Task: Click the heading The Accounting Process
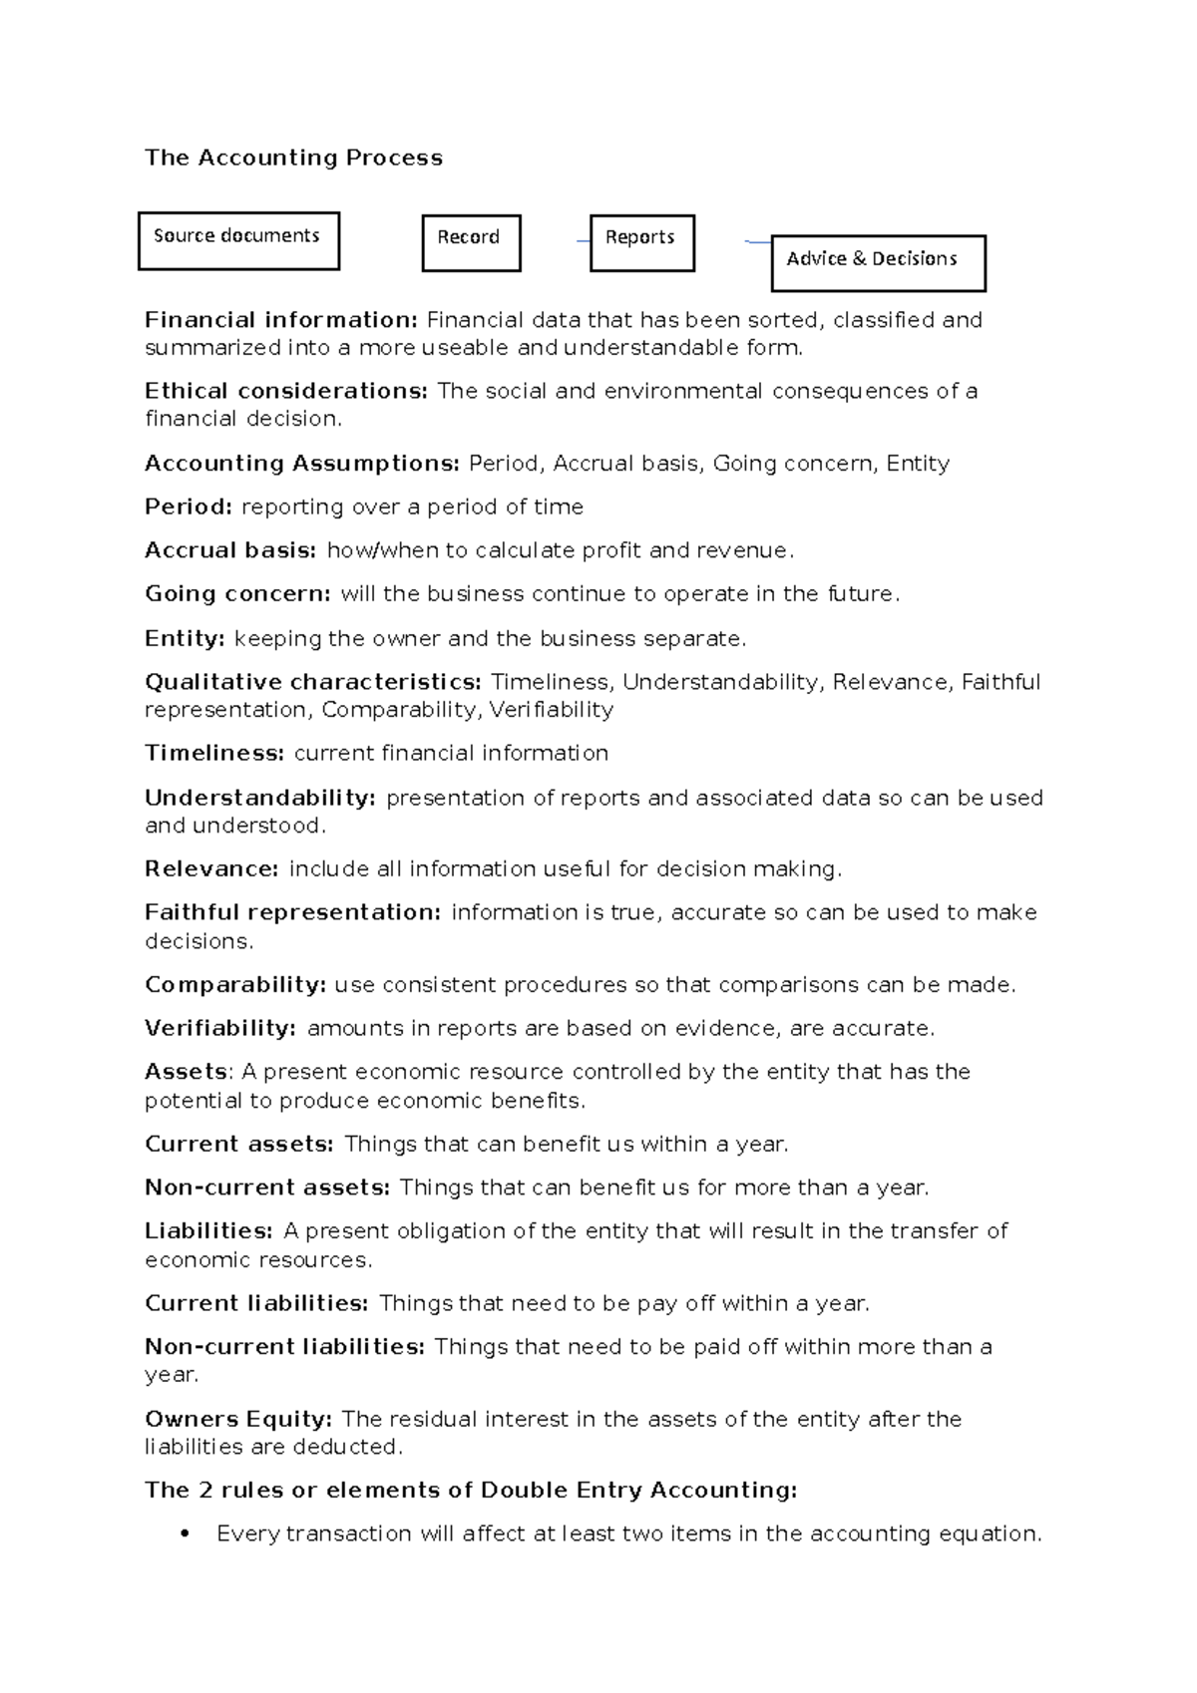click(293, 158)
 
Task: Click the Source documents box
click(238, 240)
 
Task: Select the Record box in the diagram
click(471, 242)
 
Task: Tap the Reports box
click(641, 242)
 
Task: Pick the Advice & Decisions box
click(878, 262)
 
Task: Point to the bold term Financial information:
click(281, 320)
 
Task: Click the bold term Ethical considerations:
click(286, 391)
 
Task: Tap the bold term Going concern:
click(237, 594)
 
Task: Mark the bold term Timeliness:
click(214, 754)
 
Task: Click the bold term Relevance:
click(211, 869)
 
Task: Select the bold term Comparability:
click(235, 985)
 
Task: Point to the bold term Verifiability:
click(220, 1028)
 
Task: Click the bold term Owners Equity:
click(238, 1419)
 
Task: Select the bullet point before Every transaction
click(184, 1534)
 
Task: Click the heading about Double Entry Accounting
click(471, 1491)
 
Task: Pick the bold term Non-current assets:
click(267, 1187)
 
